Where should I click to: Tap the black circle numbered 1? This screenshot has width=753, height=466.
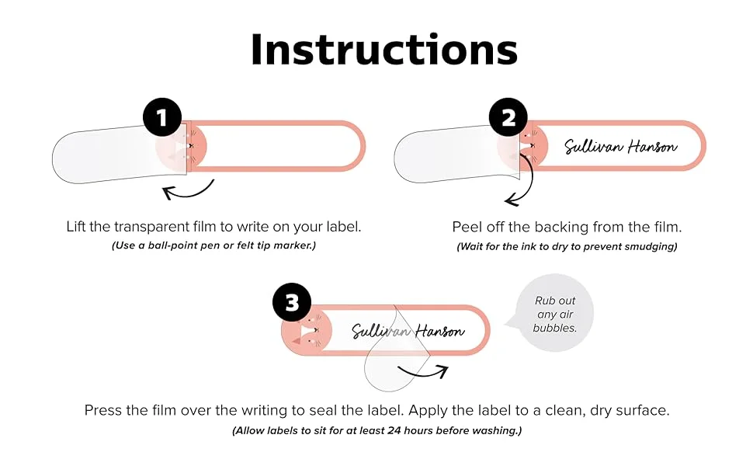tap(162, 119)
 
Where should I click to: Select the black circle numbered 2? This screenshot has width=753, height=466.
tap(508, 119)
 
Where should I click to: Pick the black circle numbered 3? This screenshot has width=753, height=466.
tap(292, 303)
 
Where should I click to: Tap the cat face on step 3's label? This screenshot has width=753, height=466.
tap(311, 331)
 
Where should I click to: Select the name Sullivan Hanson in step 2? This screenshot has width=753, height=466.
tap(620, 146)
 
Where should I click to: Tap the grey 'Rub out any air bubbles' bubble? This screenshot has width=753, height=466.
tap(555, 314)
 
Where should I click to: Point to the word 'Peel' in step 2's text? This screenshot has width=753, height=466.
tap(467, 227)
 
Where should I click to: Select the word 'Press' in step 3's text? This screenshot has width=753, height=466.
tap(102, 411)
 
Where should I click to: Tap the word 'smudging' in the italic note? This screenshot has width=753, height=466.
tap(652, 247)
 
